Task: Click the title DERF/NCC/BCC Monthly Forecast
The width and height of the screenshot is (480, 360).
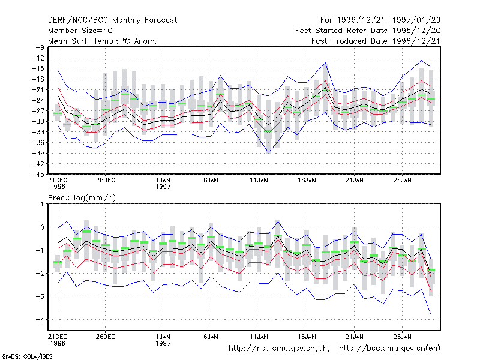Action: click(112, 20)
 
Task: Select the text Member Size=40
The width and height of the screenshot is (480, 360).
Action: click(80, 31)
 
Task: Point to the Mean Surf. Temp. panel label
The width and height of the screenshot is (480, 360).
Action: click(102, 41)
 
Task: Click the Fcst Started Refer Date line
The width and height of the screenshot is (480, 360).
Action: click(368, 31)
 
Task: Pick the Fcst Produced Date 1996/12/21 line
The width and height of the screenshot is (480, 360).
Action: click(376, 41)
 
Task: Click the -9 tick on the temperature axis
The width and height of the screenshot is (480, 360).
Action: click(40, 47)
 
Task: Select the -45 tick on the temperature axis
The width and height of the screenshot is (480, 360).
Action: click(38, 174)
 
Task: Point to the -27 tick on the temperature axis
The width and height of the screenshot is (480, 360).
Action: click(38, 110)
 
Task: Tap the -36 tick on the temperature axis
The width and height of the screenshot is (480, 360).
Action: click(38, 142)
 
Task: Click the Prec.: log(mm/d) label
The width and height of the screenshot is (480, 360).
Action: click(82, 198)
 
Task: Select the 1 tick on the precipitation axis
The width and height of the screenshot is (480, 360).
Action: click(42, 204)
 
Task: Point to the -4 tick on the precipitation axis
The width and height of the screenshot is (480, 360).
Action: click(40, 319)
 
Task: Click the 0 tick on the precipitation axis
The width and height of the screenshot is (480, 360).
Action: click(42, 227)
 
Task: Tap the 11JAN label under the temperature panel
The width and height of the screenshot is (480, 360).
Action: click(259, 180)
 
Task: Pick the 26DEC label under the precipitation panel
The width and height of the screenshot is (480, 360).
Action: click(106, 337)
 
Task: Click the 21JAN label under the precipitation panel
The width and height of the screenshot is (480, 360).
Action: click(355, 337)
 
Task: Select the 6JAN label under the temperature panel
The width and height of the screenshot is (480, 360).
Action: click(211, 180)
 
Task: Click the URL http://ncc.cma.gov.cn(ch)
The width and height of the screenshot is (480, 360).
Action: click(279, 349)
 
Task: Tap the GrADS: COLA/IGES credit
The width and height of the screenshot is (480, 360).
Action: click(27, 356)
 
